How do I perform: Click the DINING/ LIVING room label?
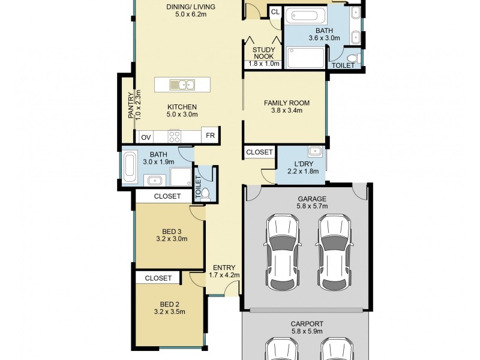click(190, 7)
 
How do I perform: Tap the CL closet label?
click(275, 12)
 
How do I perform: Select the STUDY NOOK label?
click(263, 53)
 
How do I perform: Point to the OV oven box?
click(146, 137)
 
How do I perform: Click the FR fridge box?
click(210, 136)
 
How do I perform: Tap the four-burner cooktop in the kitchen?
click(175, 136)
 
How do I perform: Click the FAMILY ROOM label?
click(283, 103)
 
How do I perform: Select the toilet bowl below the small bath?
click(205, 193)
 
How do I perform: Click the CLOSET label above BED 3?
click(167, 196)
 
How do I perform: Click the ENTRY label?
click(224, 268)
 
